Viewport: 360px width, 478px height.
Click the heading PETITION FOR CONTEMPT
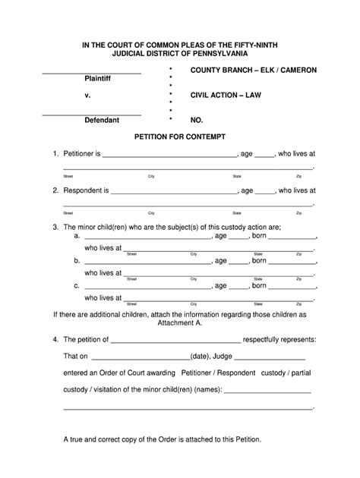tap(179, 137)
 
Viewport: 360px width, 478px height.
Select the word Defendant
tap(101, 121)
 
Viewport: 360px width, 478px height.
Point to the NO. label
tap(197, 121)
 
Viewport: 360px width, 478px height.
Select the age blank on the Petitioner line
tap(264, 155)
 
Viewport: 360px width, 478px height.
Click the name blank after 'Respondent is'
tap(175, 193)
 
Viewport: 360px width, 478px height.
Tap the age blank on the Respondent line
tap(264, 193)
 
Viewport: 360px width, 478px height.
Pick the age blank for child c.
tap(238, 288)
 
